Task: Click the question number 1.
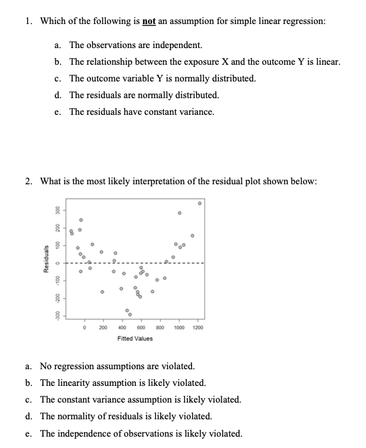coord(29,21)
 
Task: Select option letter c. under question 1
coord(58,78)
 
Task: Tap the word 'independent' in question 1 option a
coord(178,45)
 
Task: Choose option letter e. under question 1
coord(58,111)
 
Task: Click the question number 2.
coord(29,182)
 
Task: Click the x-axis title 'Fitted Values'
coord(134,339)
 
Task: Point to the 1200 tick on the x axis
coord(198,328)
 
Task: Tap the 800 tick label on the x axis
coord(160,328)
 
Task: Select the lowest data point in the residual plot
coord(130,314)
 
